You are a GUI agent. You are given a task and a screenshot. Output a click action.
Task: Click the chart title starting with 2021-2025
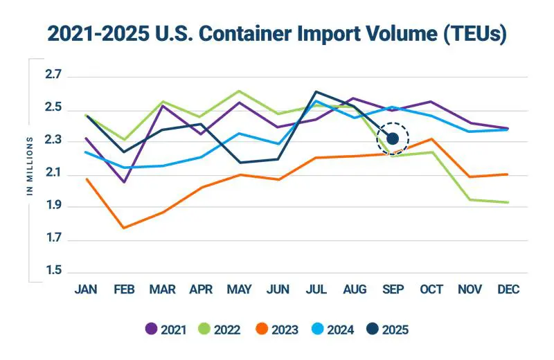coord(276,33)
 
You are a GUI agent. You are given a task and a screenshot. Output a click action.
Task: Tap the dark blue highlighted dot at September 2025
coord(393,139)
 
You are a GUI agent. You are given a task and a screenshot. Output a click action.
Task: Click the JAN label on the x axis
coord(85,289)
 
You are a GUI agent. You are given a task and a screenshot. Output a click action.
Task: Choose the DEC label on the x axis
coord(508,289)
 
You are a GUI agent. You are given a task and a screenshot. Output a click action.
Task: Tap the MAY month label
coord(239,289)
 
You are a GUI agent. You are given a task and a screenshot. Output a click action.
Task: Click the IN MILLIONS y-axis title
coord(30,166)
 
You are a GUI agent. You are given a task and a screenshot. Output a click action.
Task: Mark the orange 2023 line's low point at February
coord(123,228)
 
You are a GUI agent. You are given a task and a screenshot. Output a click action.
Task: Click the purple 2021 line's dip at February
coord(123,182)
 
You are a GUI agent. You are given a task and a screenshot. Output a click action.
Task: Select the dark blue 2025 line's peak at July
coord(316,91)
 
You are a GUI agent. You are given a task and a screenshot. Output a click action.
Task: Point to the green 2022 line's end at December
coord(508,202)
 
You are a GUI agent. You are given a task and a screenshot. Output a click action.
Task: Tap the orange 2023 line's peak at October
coord(431,139)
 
